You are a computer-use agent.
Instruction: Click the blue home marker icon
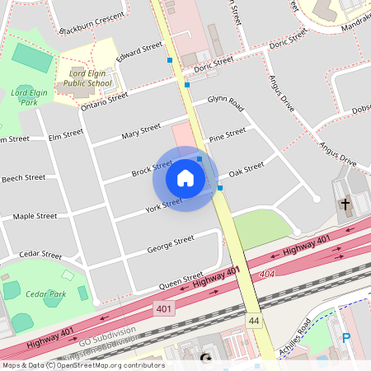coord(185,178)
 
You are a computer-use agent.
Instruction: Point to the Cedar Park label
coord(45,294)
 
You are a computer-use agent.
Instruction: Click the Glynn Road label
coord(225,103)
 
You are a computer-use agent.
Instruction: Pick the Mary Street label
coord(140,130)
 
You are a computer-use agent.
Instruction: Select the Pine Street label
coord(228,134)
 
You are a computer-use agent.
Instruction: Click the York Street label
coord(163,205)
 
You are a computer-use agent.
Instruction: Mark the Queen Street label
coord(181,280)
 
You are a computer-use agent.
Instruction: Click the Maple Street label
coord(35,217)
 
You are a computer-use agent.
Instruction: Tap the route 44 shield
coord(254,319)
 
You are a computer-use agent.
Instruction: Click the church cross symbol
coord(345,203)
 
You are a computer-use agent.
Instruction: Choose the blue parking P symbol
coord(346,337)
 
